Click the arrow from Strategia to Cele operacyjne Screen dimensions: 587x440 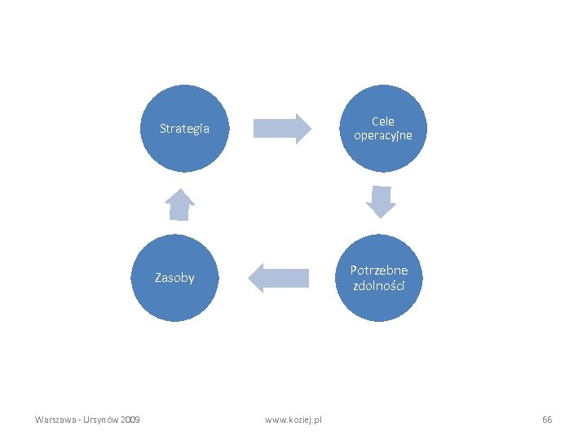tap(281, 129)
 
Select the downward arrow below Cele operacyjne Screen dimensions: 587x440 tap(381, 201)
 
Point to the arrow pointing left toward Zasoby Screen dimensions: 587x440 tap(279, 278)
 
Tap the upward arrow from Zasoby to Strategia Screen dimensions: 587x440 tap(180, 205)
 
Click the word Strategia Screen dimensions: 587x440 tap(184, 129)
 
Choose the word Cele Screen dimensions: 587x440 tap(383, 121)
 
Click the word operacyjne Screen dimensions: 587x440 tap(383, 135)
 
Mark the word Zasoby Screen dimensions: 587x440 tap(174, 278)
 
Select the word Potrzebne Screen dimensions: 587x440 tap(379, 271)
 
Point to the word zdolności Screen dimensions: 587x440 tap(379, 285)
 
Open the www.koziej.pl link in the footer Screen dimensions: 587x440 tap(293, 420)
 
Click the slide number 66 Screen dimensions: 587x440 tap(547, 420)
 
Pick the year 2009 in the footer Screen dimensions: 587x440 tap(130, 420)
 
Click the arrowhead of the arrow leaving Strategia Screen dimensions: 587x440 tap(302, 129)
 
